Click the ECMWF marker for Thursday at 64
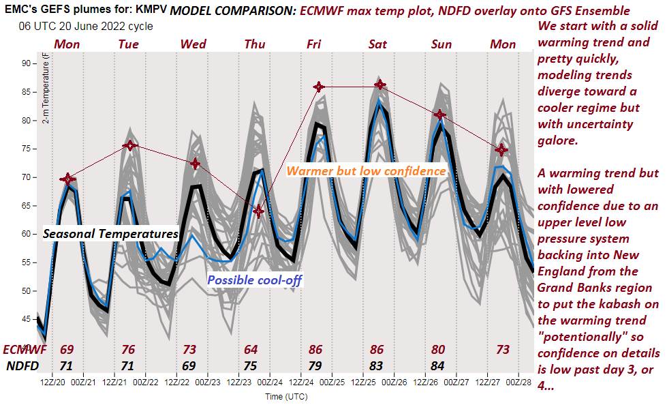pyautogui.click(x=258, y=211)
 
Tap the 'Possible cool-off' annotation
pyautogui.click(x=254, y=280)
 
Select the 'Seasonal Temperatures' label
pyautogui.click(x=110, y=234)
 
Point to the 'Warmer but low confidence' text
pyautogui.click(x=366, y=170)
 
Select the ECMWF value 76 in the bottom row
pyautogui.click(x=128, y=350)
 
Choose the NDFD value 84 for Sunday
pyautogui.click(x=438, y=365)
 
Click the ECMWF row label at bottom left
pyautogui.click(x=25, y=350)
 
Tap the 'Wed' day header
pyautogui.click(x=193, y=44)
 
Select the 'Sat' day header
pyautogui.click(x=377, y=44)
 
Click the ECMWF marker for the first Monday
pyautogui.click(x=67, y=179)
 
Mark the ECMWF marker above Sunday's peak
pyautogui.click(x=441, y=115)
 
